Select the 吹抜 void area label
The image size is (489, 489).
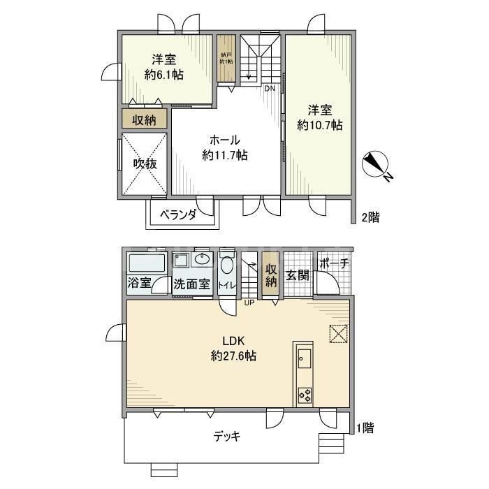click(x=145, y=164)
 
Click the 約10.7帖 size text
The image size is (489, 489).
click(x=319, y=126)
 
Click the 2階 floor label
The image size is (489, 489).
click(x=370, y=217)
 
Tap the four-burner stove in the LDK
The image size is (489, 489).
click(x=305, y=395)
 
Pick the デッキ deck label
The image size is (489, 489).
click(x=226, y=437)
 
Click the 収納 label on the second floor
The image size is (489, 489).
click(x=145, y=119)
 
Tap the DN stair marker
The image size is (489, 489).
click(x=270, y=88)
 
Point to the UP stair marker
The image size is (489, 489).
click(x=249, y=303)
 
